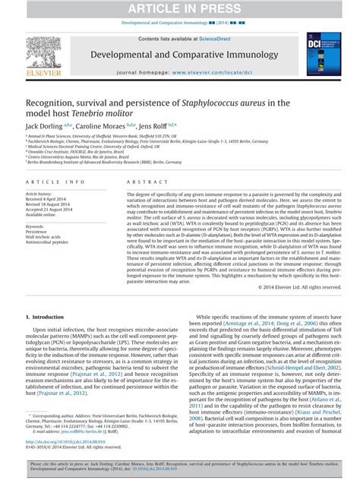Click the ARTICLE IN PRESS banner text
pos(179,8)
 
